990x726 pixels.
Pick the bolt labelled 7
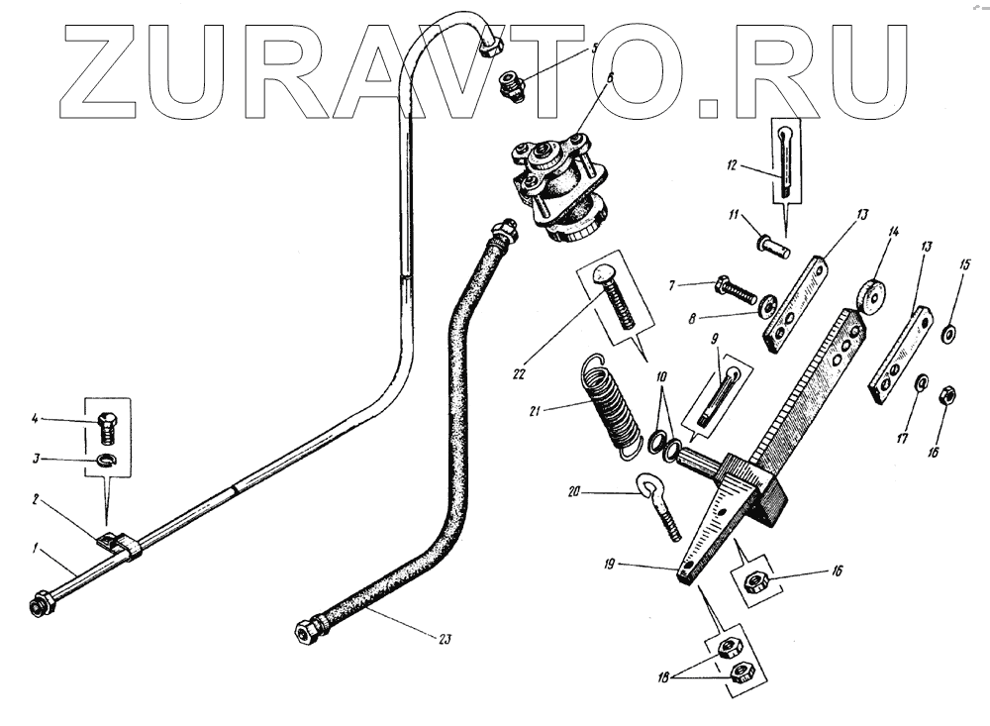[738, 291]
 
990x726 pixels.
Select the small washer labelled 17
[920, 382]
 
